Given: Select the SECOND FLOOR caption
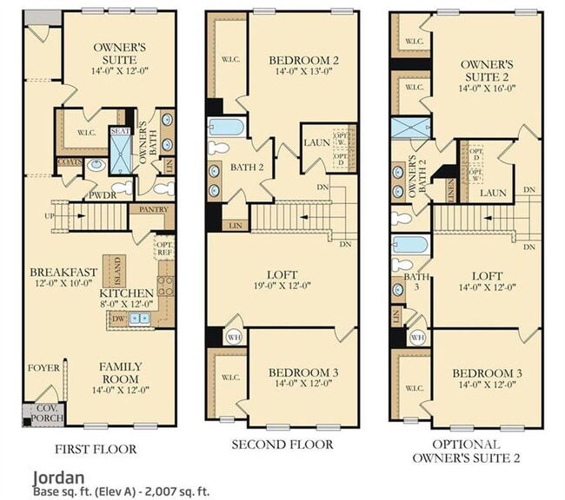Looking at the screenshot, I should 282,444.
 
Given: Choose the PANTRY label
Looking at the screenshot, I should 145,209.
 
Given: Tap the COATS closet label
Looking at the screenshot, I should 70,161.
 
